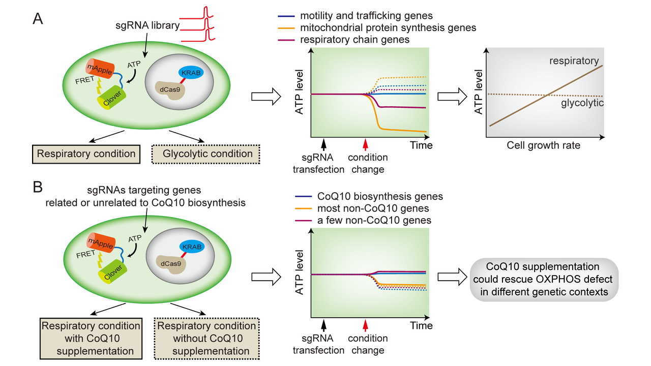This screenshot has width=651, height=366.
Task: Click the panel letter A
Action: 38,19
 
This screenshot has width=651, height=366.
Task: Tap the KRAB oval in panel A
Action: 191,73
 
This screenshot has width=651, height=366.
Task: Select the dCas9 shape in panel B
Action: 170,263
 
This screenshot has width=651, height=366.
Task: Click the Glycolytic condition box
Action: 206,154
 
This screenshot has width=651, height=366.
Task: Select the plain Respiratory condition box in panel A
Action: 86,154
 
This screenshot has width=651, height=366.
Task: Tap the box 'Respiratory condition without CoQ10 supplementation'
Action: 206,339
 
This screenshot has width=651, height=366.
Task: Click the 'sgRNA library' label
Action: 147,25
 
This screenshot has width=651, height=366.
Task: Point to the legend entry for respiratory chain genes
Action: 343,40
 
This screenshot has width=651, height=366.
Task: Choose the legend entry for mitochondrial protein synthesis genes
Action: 377,27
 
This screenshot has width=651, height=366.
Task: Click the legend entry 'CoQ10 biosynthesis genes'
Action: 369,196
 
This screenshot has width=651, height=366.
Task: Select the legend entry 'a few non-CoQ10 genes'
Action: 363,220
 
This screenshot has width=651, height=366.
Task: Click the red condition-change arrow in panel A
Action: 366,144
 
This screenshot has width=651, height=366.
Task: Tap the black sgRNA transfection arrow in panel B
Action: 323,325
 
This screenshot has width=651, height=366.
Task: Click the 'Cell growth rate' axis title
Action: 544,145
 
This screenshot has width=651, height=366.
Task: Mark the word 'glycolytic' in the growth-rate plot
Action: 582,103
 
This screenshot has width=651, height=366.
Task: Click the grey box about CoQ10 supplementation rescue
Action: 544,280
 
